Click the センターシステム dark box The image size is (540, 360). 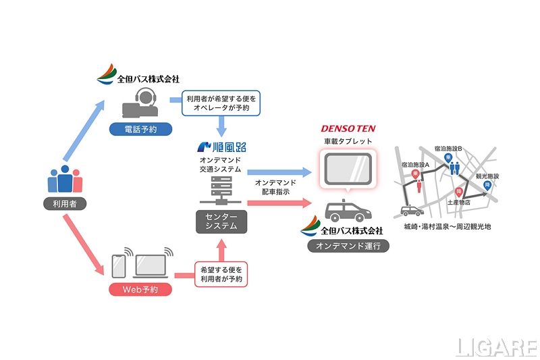click(221, 222)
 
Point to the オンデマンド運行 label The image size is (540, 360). click(348, 247)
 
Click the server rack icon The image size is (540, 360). click(221, 192)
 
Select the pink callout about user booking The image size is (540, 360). click(221, 274)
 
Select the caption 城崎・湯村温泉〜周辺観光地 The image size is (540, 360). click(446, 227)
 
